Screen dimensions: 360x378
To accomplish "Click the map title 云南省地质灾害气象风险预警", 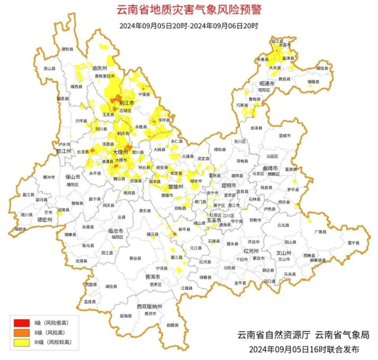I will coord(189,9).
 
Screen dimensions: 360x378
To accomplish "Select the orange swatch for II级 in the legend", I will coord(22,332).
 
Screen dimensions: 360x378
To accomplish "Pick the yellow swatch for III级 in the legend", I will coord(22,342).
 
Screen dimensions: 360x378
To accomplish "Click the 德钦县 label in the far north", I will coord(67,49).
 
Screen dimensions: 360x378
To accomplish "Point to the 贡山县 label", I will coord(49,68).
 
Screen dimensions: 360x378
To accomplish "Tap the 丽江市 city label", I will coord(127,102).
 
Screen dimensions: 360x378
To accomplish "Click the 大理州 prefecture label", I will coord(120,152).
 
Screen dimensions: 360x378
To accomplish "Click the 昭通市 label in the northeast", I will coord(267,83).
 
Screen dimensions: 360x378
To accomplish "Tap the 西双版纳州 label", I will coord(149,306).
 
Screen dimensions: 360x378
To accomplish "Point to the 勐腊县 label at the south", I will coord(172,325).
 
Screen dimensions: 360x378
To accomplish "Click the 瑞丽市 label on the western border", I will coord(20,229).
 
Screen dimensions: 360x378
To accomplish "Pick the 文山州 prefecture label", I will coord(283,252).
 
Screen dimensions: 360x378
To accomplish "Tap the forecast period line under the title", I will coord(189,26).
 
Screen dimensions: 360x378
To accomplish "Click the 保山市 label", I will coord(73,177).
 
